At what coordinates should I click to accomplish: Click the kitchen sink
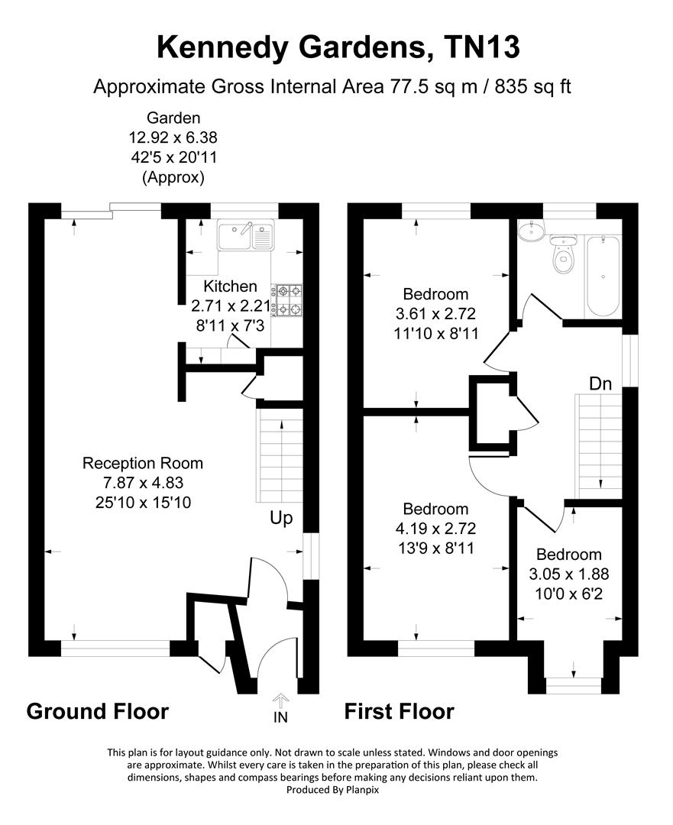[x=245, y=236]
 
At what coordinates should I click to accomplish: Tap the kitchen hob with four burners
[x=290, y=300]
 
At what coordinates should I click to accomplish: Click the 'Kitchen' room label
[x=230, y=286]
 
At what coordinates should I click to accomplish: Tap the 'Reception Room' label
[x=143, y=463]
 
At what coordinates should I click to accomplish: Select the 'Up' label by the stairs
[x=281, y=518]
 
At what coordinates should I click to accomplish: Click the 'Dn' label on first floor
[x=600, y=383]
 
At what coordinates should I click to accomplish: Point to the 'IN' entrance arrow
[x=280, y=707]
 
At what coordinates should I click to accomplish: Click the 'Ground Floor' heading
[x=98, y=711]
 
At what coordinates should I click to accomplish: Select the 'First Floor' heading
[x=399, y=712]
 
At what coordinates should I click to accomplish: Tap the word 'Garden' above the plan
[x=173, y=118]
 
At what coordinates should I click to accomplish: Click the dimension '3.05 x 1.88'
[x=569, y=574]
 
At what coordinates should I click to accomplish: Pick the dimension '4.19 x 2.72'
[x=436, y=528]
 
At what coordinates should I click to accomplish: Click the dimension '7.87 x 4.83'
[x=143, y=482]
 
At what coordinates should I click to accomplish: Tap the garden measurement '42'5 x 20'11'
[x=173, y=158]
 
